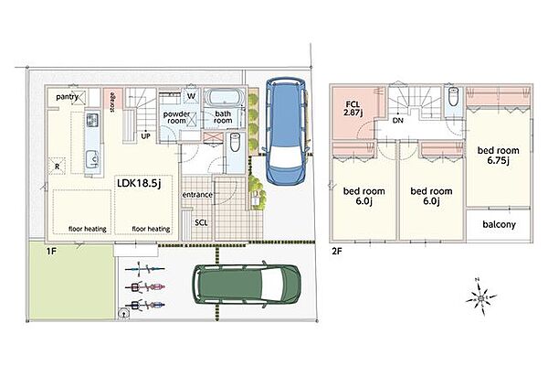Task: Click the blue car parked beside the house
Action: [x=286, y=131]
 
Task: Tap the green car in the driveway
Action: [x=247, y=284]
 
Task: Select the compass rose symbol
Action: [x=481, y=297]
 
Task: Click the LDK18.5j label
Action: [x=139, y=183]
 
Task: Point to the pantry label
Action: [x=67, y=97]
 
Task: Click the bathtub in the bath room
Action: [x=224, y=98]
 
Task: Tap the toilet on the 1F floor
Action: [x=235, y=142]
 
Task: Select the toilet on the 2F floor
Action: [x=453, y=96]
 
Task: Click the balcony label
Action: [x=499, y=224]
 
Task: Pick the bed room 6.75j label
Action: [x=499, y=156]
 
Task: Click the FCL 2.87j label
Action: [x=353, y=109]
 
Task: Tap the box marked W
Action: [x=192, y=95]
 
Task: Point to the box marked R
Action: [x=58, y=166]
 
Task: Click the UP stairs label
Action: [x=145, y=136]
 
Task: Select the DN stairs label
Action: [x=397, y=121]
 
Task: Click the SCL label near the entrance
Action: [x=201, y=222]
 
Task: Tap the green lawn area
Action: [x=71, y=280]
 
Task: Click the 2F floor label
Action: [x=336, y=251]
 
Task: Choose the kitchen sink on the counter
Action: [x=92, y=160]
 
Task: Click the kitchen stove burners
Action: [x=92, y=121]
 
